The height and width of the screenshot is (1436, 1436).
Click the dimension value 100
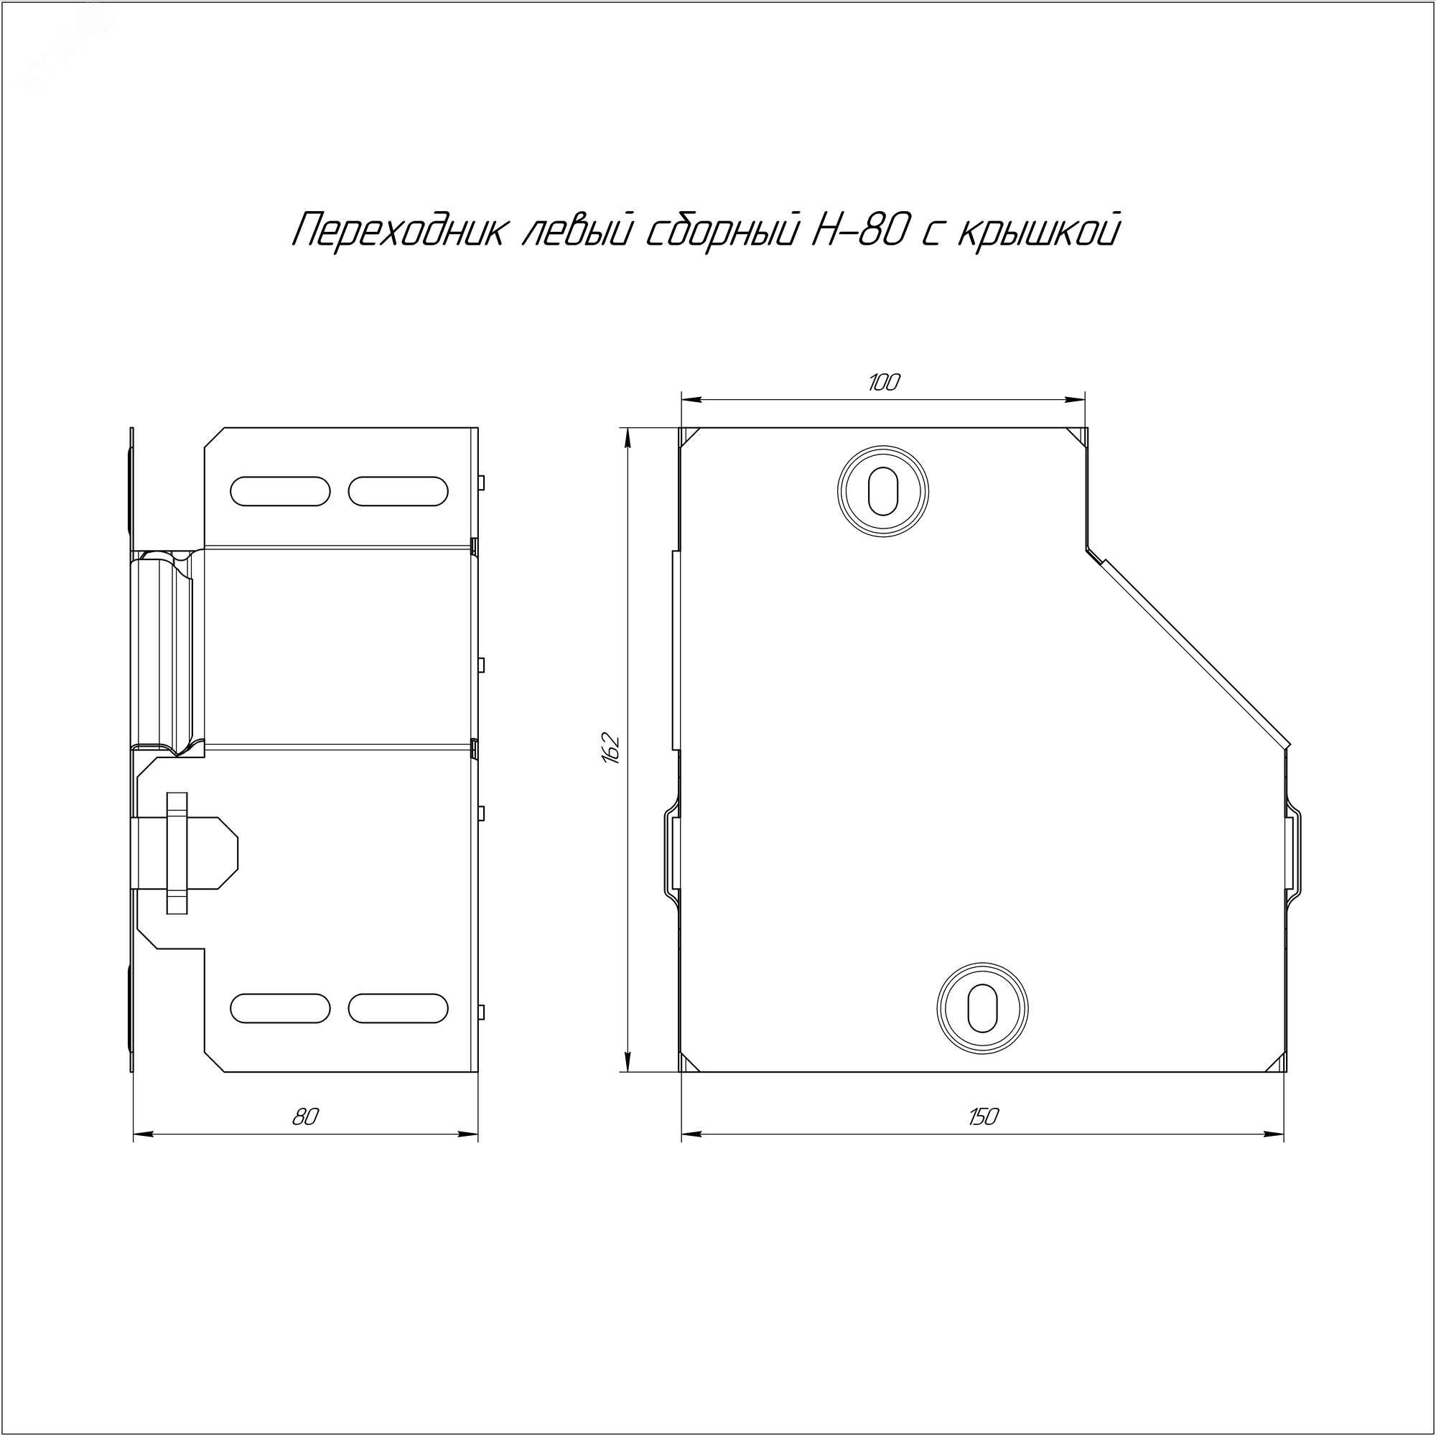[x=884, y=383]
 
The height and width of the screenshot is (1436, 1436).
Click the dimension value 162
[x=611, y=749]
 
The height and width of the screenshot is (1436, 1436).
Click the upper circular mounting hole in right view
[x=883, y=490]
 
